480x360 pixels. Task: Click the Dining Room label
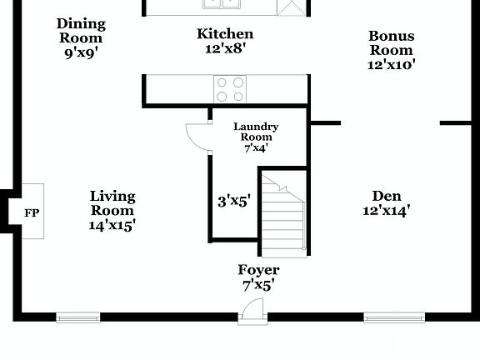point(81,31)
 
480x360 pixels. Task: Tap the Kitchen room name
point(225,34)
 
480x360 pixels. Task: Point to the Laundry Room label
point(256,132)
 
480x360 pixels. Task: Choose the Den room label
point(387,196)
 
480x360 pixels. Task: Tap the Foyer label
point(258,270)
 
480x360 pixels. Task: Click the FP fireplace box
point(32,212)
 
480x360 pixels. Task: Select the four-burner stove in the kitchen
point(231,88)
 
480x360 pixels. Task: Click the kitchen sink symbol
point(222,3)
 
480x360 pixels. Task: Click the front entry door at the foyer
point(251,312)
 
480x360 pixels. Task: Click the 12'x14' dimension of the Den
point(387,210)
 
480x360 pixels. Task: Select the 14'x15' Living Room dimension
point(112,223)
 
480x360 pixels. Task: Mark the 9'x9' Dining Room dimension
point(81,52)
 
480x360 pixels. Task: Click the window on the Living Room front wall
point(77,317)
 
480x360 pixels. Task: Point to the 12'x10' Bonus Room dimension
point(391,63)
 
